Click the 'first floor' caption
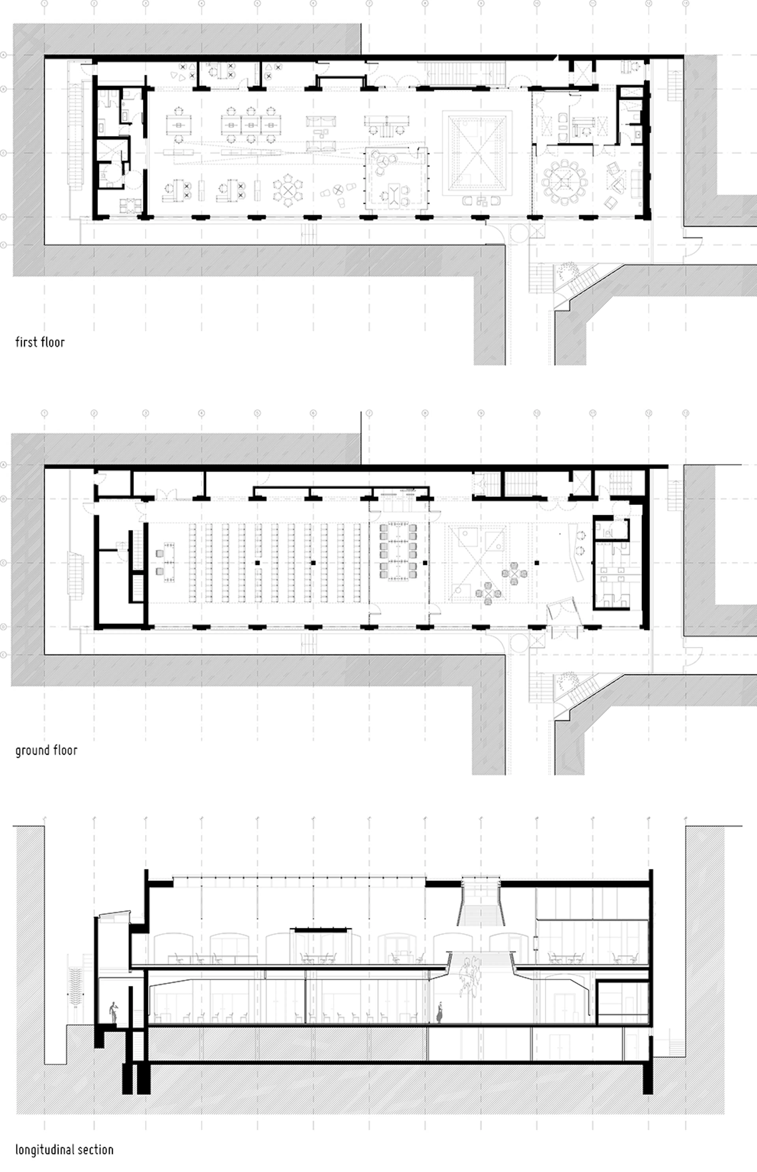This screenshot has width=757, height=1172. coord(40,342)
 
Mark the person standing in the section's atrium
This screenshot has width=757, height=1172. coord(439,1012)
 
